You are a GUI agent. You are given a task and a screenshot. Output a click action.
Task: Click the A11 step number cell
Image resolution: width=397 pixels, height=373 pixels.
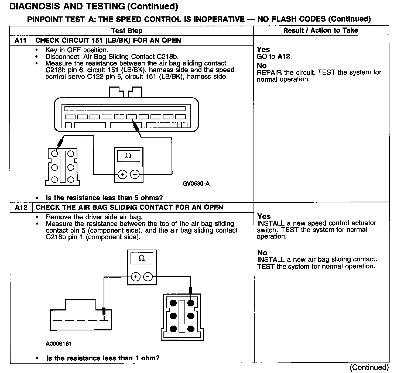(20, 40)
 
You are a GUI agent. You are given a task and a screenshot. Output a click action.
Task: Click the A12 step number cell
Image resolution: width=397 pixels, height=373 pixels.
(21, 207)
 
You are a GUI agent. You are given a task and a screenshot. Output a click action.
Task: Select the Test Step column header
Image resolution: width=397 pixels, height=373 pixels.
(127, 30)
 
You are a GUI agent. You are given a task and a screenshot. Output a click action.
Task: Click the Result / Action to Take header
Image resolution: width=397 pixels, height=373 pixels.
(321, 30)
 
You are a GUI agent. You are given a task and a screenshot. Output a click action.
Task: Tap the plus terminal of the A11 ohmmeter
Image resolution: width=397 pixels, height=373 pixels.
(123, 174)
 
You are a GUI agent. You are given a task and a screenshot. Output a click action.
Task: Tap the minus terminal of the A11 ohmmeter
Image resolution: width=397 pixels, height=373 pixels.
(135, 174)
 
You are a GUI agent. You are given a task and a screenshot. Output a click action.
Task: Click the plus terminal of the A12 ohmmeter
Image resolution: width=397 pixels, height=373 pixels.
(136, 277)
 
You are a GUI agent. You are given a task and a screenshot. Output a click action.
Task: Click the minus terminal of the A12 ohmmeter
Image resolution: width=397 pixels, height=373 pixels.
(148, 277)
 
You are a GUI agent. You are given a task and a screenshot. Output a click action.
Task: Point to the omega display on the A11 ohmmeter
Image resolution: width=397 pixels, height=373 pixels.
(129, 156)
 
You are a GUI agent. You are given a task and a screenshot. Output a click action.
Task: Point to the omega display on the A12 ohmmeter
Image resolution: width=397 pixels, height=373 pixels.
(142, 258)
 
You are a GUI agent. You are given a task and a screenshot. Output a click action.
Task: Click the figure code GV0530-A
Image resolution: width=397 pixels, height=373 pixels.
(196, 184)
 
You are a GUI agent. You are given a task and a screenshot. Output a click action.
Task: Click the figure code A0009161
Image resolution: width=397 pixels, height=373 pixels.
(59, 344)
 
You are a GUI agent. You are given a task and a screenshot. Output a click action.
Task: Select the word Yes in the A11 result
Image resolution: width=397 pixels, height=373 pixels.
(263, 50)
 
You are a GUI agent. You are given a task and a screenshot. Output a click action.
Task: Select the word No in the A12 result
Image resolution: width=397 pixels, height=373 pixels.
(262, 253)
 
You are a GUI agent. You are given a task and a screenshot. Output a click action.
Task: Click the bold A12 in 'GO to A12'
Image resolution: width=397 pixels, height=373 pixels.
(284, 56)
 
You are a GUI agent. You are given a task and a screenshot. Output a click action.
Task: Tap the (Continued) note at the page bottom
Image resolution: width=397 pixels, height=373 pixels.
(369, 367)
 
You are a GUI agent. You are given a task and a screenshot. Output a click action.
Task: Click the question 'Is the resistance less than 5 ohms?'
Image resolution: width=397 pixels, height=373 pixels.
(104, 198)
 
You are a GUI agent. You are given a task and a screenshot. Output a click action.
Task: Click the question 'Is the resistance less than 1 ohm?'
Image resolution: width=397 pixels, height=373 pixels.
(103, 358)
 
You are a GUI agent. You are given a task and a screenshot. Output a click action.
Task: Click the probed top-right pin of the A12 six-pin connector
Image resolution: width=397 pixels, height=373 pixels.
(191, 303)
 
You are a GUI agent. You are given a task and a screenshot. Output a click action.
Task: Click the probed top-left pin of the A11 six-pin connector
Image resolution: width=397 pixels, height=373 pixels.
(55, 154)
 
